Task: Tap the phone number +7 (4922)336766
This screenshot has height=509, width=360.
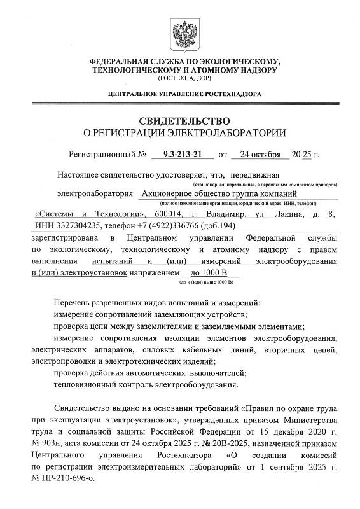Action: tap(165, 226)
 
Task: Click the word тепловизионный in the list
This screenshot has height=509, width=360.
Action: tap(85, 384)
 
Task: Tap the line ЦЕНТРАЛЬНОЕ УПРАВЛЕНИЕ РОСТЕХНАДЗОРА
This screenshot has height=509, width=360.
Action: tap(179, 95)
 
